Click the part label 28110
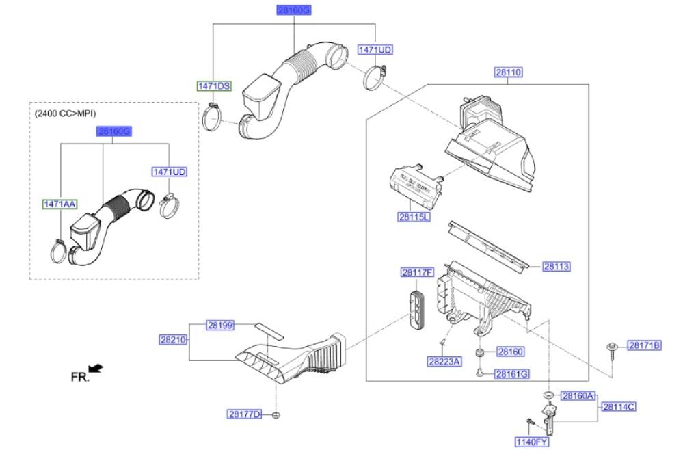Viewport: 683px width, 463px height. tap(508, 72)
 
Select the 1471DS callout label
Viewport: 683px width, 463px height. tap(214, 86)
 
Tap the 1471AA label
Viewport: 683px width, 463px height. tap(60, 204)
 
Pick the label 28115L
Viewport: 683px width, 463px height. tap(414, 217)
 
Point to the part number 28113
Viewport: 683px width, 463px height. tap(557, 267)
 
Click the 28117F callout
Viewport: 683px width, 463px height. tap(417, 273)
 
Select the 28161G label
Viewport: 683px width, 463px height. tap(513, 373)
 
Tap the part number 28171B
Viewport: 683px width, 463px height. tap(645, 346)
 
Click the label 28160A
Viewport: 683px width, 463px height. tap(578, 396)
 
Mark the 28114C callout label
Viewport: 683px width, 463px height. tap(619, 407)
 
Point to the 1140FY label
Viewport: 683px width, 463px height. tap(532, 442)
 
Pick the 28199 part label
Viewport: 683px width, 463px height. tap(219, 326)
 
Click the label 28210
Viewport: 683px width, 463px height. tap(173, 339)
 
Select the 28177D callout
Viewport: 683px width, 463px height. tap(245, 414)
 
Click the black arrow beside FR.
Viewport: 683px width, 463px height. tap(96, 369)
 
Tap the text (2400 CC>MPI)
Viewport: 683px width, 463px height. tap(64, 114)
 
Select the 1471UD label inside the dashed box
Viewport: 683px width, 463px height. tap(169, 172)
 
